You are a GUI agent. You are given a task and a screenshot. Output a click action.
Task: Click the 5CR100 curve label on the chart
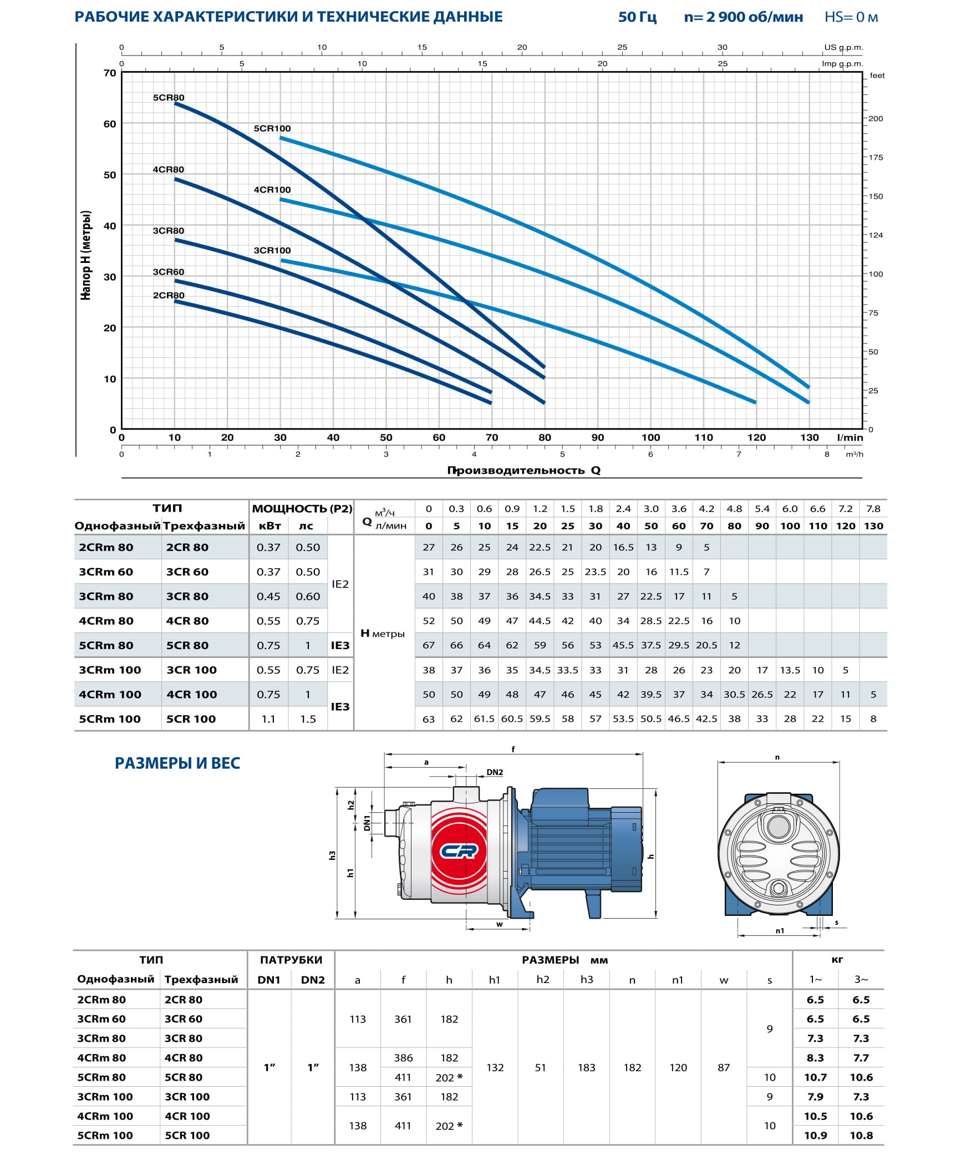(x=272, y=129)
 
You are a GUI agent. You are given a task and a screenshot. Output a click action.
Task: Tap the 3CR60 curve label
(x=169, y=272)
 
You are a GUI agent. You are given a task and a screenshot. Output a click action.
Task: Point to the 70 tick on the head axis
(x=110, y=73)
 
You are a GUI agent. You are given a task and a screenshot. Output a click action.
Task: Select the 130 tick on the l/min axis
(x=809, y=437)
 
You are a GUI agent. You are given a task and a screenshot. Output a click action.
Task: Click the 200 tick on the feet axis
(x=876, y=119)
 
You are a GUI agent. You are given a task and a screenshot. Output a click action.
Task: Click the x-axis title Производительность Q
(x=523, y=470)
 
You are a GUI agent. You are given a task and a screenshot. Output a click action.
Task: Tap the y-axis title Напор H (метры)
(x=85, y=255)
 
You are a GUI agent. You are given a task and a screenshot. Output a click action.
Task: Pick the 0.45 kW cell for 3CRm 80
(x=268, y=596)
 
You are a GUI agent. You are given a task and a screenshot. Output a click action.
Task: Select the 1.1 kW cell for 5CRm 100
(x=268, y=719)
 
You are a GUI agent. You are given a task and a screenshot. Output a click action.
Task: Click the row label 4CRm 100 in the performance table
(x=110, y=695)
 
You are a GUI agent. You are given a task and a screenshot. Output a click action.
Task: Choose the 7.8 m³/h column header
(x=873, y=509)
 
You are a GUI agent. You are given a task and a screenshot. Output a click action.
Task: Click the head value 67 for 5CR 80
(x=429, y=645)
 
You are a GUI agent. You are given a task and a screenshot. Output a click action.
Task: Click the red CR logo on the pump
(x=459, y=850)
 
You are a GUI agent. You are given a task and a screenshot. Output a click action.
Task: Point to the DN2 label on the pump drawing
(x=495, y=772)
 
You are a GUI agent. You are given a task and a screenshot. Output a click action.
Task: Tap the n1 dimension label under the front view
(x=780, y=931)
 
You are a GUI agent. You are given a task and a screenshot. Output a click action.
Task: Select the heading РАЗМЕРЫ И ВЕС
(x=177, y=763)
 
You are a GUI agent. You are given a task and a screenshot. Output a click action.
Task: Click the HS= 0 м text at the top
(x=851, y=17)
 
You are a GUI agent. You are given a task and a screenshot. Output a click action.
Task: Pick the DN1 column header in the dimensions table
(x=269, y=980)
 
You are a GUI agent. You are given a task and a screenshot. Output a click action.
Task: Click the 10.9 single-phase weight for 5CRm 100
(x=815, y=1136)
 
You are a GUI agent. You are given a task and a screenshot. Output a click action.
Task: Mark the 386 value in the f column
(x=403, y=1058)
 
